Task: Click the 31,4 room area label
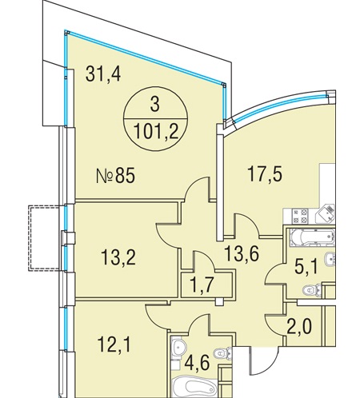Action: coord(103,74)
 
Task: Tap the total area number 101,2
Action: coord(156,131)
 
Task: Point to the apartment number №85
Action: coord(115,176)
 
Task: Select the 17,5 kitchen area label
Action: coord(265,173)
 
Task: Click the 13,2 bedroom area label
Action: coord(118,257)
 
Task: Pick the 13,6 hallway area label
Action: coord(242,253)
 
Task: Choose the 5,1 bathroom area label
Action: coord(306,267)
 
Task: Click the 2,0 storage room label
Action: coord(299,326)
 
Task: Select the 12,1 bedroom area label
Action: coord(114,344)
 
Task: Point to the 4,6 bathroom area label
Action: coord(197,363)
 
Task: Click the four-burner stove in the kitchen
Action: coord(300,216)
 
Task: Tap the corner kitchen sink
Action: coord(325,213)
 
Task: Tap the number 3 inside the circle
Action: coord(154,105)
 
